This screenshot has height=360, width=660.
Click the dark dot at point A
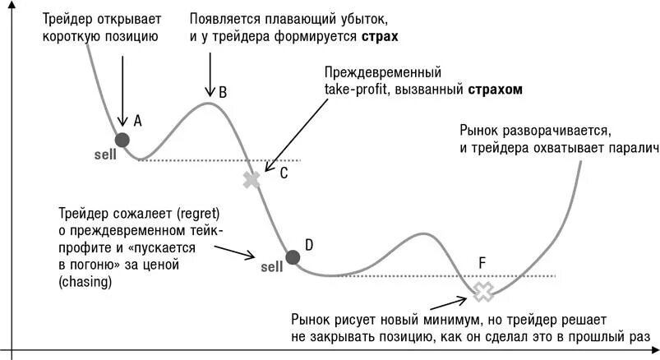point(122,139)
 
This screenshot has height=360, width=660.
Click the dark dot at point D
point(293,257)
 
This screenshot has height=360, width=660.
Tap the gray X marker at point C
point(252,180)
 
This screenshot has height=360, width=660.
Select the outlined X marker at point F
point(483,289)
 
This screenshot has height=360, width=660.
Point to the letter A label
point(137,121)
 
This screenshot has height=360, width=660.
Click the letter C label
point(284,173)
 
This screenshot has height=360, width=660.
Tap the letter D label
point(309,244)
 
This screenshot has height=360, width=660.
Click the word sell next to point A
point(105,154)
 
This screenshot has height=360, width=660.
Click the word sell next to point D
point(271,266)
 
